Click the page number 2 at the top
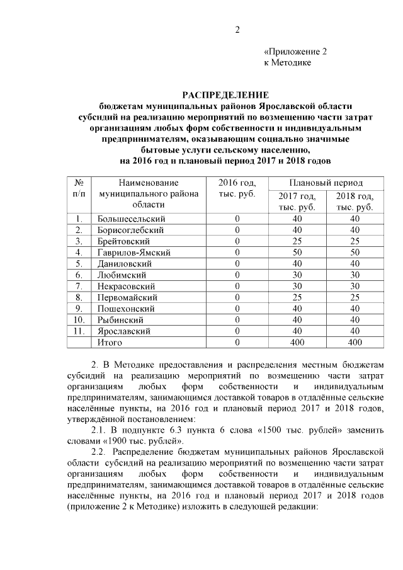pyautogui.click(x=238, y=30)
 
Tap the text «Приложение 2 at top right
pyautogui.click(x=295, y=52)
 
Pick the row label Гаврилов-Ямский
pyautogui.click(x=134, y=253)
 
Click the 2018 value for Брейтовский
pyautogui.click(x=355, y=241)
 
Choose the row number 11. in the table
pyautogui.click(x=79, y=331)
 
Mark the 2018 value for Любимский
pyautogui.click(x=355, y=275)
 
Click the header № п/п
pyautogui.click(x=79, y=188)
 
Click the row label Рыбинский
pyautogui.click(x=120, y=320)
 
